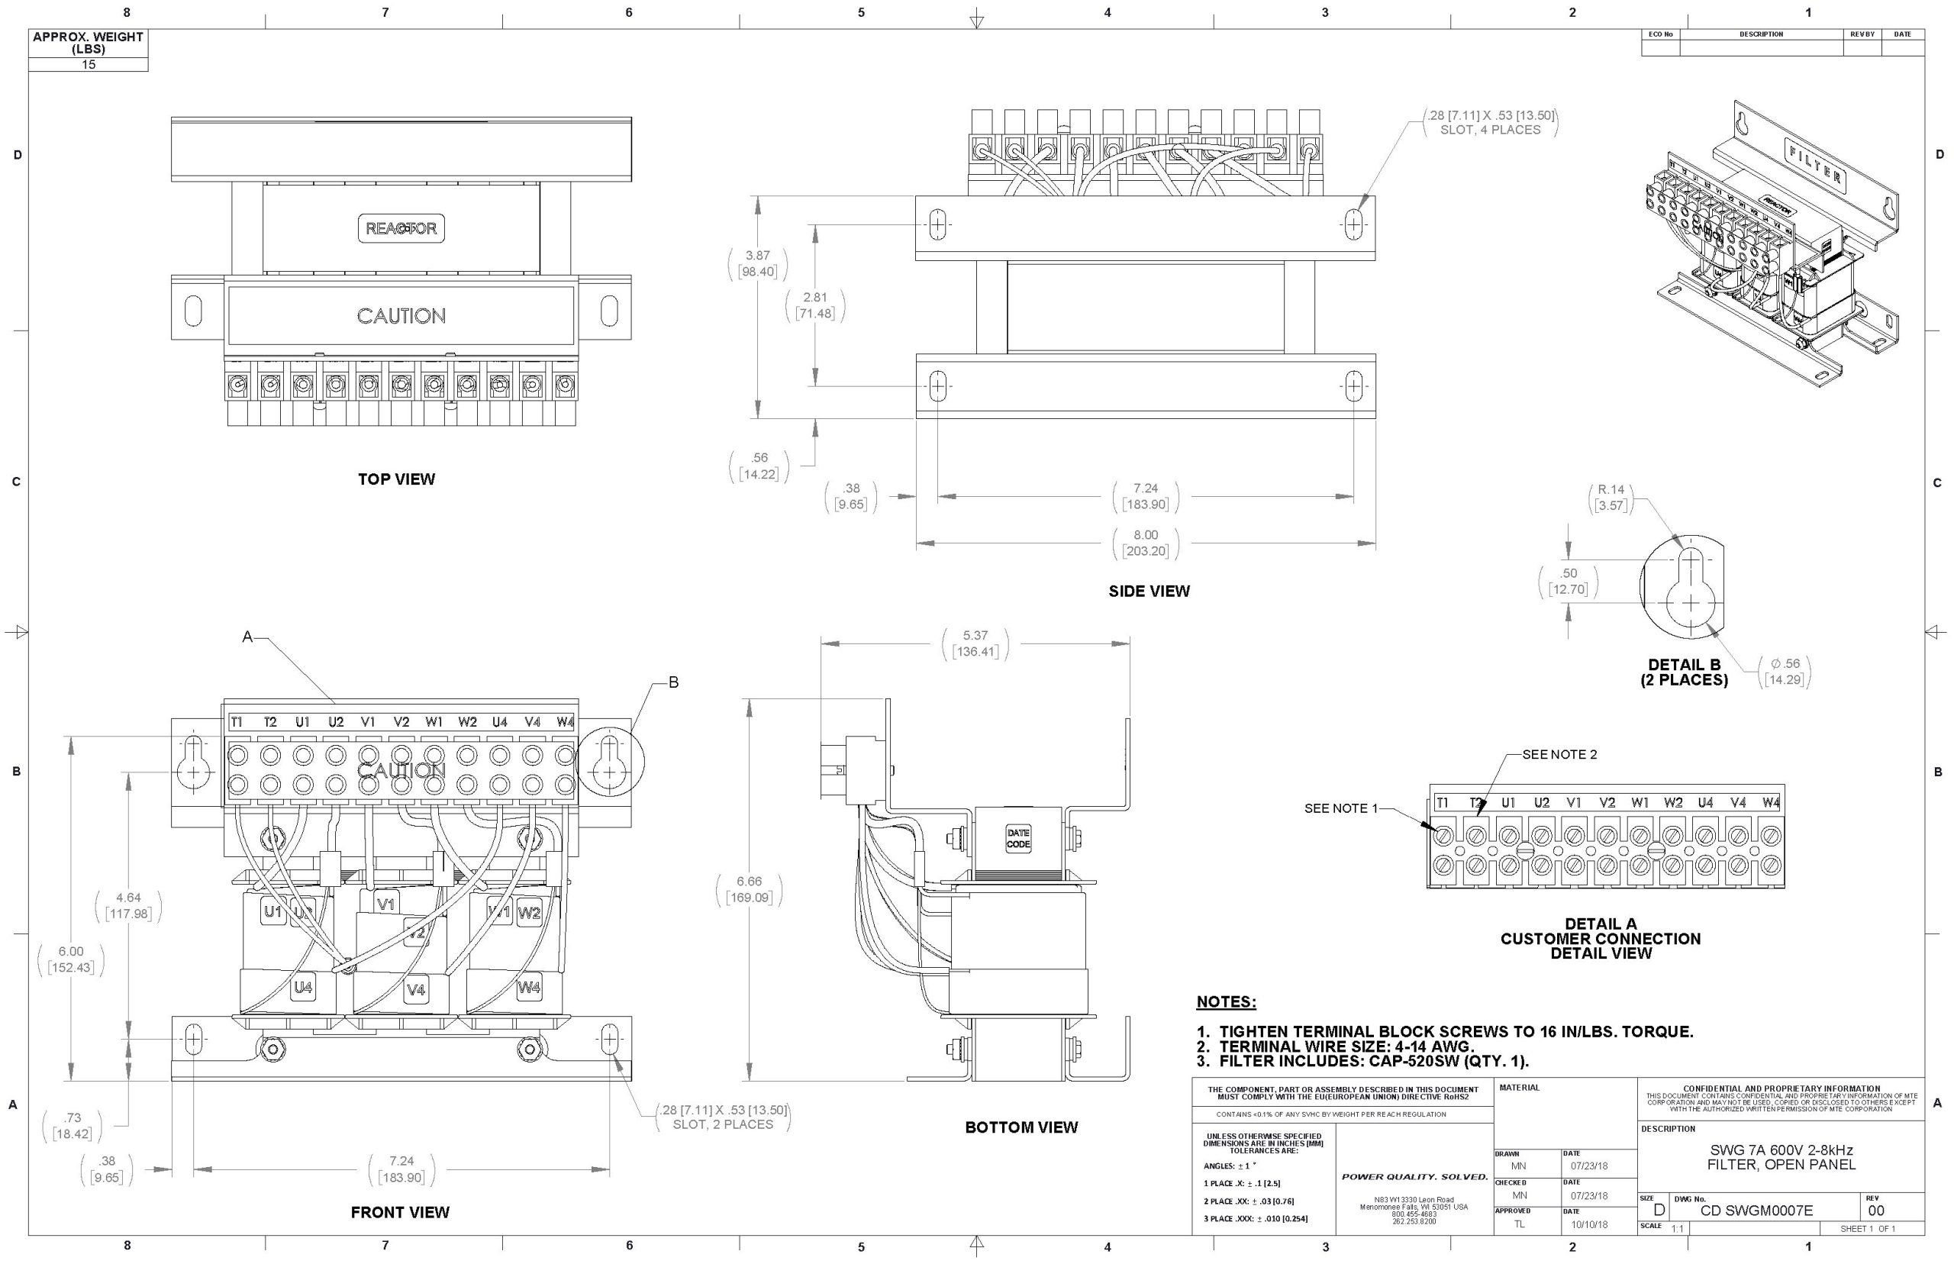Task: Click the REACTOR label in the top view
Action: click(x=401, y=228)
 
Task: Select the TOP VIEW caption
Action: click(x=396, y=479)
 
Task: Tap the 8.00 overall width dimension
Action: click(x=1146, y=535)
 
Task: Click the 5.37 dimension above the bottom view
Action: click(x=975, y=636)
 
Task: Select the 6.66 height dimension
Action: click(x=749, y=882)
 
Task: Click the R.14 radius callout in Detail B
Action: click(x=1611, y=490)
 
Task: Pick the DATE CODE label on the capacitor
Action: click(x=1017, y=838)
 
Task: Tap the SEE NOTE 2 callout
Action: click(x=1559, y=754)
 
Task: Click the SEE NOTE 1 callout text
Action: click(x=1341, y=808)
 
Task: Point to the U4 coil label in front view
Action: click(x=303, y=988)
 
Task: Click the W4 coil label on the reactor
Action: click(x=529, y=988)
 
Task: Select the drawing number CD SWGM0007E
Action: click(x=1756, y=1211)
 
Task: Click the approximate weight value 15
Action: click(x=89, y=65)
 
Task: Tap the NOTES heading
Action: click(x=1226, y=1002)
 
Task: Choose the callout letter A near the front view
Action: click(x=247, y=637)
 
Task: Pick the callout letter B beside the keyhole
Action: click(x=673, y=683)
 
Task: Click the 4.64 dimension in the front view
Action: click(x=129, y=898)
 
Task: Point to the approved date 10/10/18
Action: click(x=1590, y=1224)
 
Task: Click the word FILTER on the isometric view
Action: click(x=1815, y=162)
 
